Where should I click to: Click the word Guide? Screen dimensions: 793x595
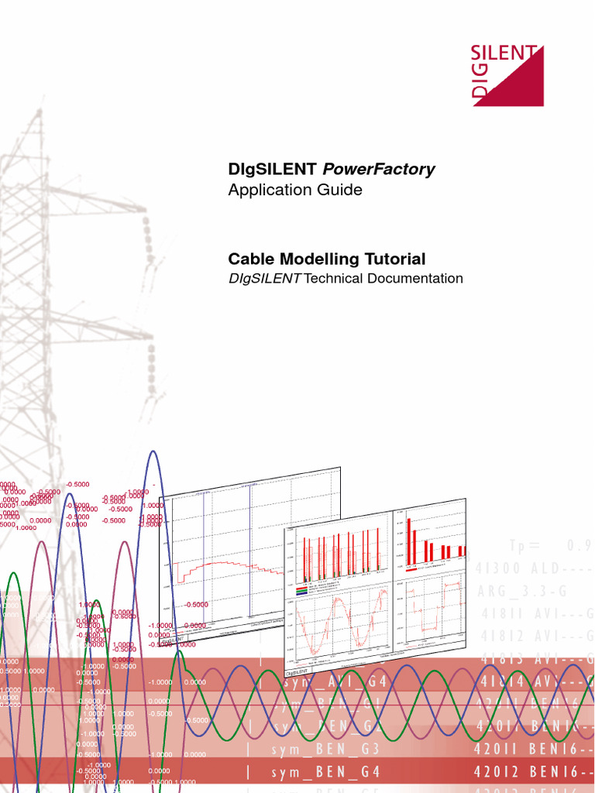tap(339, 189)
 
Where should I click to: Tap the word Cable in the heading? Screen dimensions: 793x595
tap(249, 259)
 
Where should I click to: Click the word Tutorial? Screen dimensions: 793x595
tap(395, 259)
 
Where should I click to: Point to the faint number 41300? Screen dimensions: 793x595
tap(499, 567)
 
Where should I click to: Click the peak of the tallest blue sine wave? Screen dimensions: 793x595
tap(153, 451)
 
